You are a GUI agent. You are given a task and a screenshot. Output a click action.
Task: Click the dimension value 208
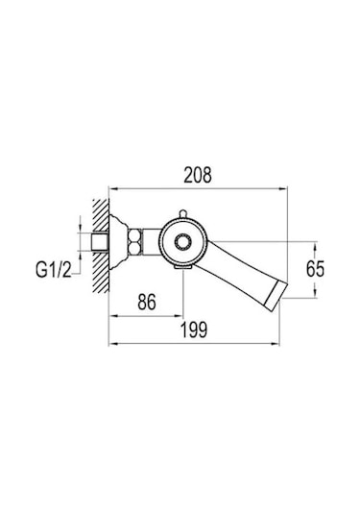(x=198, y=175)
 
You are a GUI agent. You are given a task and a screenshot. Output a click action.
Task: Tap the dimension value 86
(x=147, y=302)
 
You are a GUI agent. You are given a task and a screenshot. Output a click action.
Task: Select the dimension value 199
(x=194, y=330)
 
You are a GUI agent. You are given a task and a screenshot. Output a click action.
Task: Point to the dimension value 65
(x=315, y=269)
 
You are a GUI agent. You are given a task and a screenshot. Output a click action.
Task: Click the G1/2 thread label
(x=54, y=270)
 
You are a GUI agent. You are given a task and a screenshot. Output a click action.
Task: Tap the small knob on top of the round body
(x=182, y=213)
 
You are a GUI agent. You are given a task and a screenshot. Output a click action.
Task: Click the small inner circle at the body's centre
(x=182, y=243)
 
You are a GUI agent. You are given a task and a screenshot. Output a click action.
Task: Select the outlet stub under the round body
(x=182, y=267)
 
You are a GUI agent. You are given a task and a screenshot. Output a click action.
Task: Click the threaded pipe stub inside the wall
(x=100, y=242)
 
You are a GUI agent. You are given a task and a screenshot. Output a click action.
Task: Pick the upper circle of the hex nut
(x=135, y=236)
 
